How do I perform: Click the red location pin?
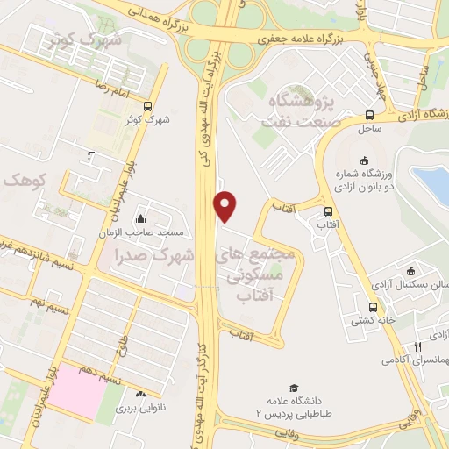pyautogui.click(x=225, y=205)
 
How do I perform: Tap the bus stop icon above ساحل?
pyautogui.click(x=369, y=115)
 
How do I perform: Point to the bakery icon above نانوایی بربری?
pyautogui.click(x=141, y=394)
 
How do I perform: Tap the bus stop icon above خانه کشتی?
pyautogui.click(x=374, y=307)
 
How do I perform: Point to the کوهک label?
pyautogui.click(x=21, y=179)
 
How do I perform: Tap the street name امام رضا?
pyautogui.click(x=113, y=89)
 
